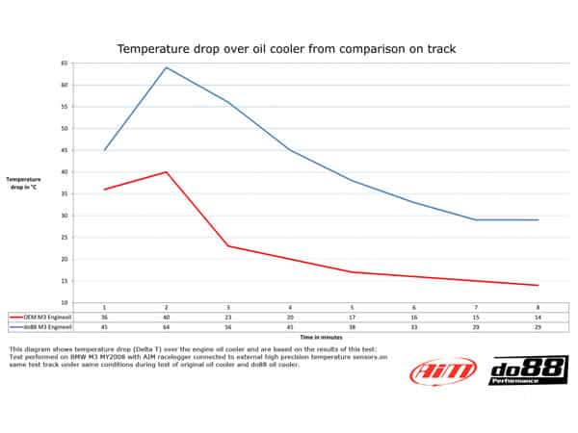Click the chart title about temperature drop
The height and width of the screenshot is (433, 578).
[286, 47]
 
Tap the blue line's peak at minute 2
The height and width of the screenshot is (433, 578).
[167, 67]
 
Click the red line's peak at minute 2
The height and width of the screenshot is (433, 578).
[167, 172]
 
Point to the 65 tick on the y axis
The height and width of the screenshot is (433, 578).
[64, 64]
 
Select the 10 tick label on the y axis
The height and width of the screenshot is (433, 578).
[64, 302]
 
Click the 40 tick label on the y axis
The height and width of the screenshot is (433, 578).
[64, 172]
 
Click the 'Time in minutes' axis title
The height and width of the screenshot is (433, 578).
[319, 338]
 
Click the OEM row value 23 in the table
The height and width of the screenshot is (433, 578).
[228, 316]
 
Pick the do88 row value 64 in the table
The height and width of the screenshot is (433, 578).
[167, 325]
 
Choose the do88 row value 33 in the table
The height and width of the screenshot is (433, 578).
[414, 325]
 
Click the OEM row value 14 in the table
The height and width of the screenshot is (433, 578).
[538, 316]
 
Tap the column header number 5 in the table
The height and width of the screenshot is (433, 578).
[352, 306]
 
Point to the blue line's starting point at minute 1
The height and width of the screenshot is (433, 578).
[105, 150]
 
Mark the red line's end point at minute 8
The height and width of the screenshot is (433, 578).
[538, 285]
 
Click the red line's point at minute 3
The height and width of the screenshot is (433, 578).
[228, 246]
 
